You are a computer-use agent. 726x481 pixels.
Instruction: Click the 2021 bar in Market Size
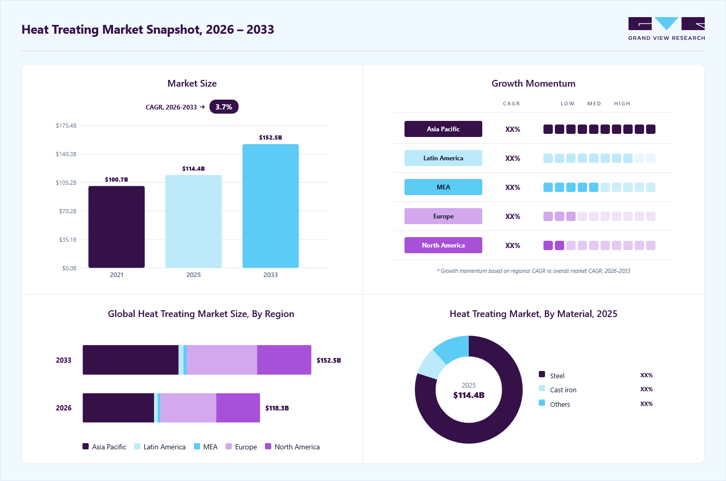pos(116,227)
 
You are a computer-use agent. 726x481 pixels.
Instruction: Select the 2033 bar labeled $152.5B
pos(271,206)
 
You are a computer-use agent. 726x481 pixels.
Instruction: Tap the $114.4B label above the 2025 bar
pos(193,168)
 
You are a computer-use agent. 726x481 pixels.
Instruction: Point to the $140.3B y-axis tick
pos(66,154)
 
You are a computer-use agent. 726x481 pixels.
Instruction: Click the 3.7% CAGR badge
pos(224,107)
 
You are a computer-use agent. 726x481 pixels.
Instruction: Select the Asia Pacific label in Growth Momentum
pos(443,129)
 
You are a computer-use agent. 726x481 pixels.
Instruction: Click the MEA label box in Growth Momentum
pos(443,187)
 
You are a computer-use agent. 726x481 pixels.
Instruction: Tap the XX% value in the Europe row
pos(512,216)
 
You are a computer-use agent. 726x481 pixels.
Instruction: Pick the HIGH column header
pos(622,103)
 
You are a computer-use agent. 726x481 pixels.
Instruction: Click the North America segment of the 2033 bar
pos(284,360)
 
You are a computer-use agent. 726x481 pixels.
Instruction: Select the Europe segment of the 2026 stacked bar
pos(188,408)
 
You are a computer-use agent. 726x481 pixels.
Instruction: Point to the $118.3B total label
pos(277,408)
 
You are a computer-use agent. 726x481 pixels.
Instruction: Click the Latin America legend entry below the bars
pos(160,447)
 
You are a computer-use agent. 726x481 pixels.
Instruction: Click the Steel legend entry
pos(552,375)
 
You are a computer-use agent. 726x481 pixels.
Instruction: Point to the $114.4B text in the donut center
pos(469,395)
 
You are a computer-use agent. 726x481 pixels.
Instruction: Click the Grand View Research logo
pos(666,29)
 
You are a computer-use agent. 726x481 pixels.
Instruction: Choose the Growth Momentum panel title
pos(534,84)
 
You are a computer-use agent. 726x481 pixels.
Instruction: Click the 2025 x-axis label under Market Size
pos(193,274)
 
